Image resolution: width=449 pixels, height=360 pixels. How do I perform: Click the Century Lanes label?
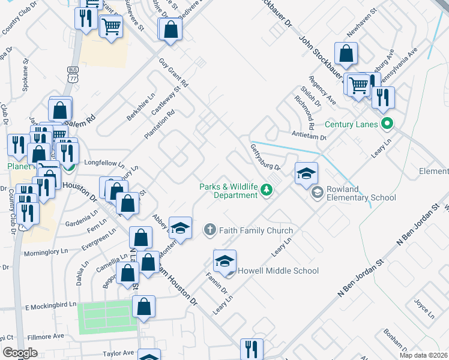(x=351, y=125)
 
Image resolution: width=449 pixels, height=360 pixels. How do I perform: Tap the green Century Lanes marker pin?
(x=387, y=125)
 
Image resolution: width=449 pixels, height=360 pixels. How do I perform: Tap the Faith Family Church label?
(x=256, y=230)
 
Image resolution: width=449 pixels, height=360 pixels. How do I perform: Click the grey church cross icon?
(x=209, y=230)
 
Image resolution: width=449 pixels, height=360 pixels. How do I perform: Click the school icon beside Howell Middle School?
(x=225, y=262)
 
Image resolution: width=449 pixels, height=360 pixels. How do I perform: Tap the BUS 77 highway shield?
(x=73, y=74)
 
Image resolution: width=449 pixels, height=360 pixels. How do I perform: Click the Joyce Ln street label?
(x=424, y=306)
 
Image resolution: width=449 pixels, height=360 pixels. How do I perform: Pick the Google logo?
(x=20, y=353)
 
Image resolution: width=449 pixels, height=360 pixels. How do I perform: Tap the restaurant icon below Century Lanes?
(x=382, y=97)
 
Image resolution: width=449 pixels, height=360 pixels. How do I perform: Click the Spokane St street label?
(x=26, y=74)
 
